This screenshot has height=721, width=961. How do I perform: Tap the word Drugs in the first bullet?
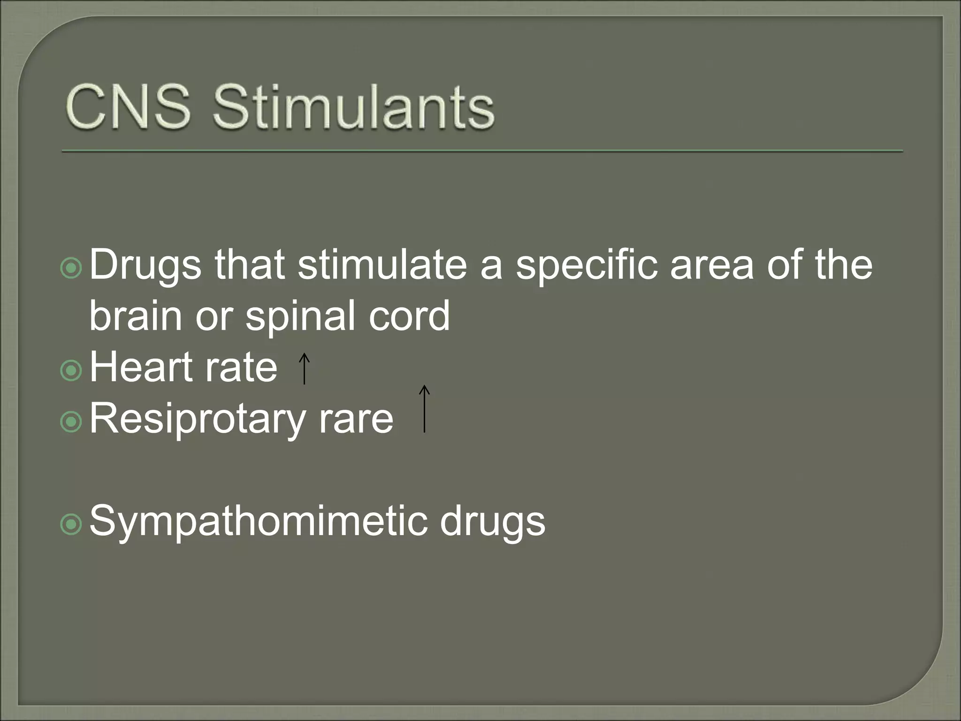click(x=145, y=266)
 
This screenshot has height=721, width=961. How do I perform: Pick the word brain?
click(x=136, y=315)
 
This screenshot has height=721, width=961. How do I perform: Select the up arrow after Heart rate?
click(x=304, y=369)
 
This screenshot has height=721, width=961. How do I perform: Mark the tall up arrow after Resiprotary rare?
click(x=424, y=408)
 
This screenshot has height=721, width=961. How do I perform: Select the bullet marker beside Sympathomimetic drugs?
click(x=71, y=525)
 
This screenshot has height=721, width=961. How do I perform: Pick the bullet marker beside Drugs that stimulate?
click(x=71, y=268)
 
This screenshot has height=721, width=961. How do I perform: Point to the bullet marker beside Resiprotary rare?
click(x=71, y=422)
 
